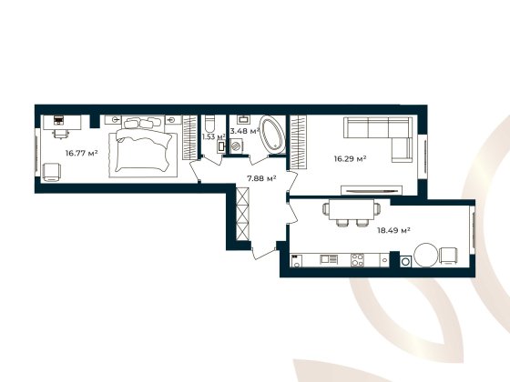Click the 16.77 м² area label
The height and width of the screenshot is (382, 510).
(x=81, y=154)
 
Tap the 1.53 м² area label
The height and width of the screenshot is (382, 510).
(x=213, y=136)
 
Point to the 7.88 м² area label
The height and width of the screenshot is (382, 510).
(x=261, y=178)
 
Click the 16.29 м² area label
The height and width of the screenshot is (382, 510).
(x=351, y=158)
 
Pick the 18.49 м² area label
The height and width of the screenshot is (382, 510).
(x=393, y=231)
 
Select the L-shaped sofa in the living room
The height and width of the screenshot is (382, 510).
(x=383, y=136)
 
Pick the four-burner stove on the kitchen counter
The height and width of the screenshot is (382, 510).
(x=358, y=261)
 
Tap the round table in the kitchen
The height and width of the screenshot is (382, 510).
(x=425, y=255)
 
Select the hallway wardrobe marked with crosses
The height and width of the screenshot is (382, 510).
(x=241, y=211)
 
